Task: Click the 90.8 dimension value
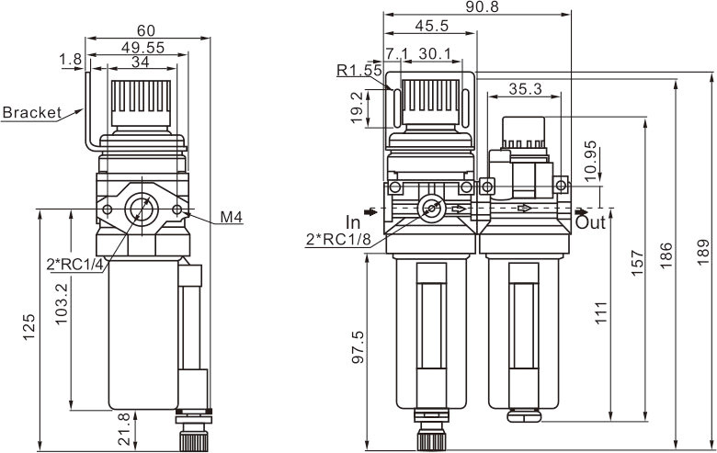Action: tap(475, 6)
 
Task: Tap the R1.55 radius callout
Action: tap(358, 70)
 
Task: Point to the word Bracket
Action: tap(30, 113)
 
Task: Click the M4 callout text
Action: tap(231, 218)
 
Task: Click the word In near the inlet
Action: tap(353, 222)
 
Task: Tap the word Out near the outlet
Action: tap(591, 222)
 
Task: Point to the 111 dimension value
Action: tap(601, 312)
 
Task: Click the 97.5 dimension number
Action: tap(358, 348)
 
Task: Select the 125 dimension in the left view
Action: tap(29, 328)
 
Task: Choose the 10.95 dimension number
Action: tap(590, 160)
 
